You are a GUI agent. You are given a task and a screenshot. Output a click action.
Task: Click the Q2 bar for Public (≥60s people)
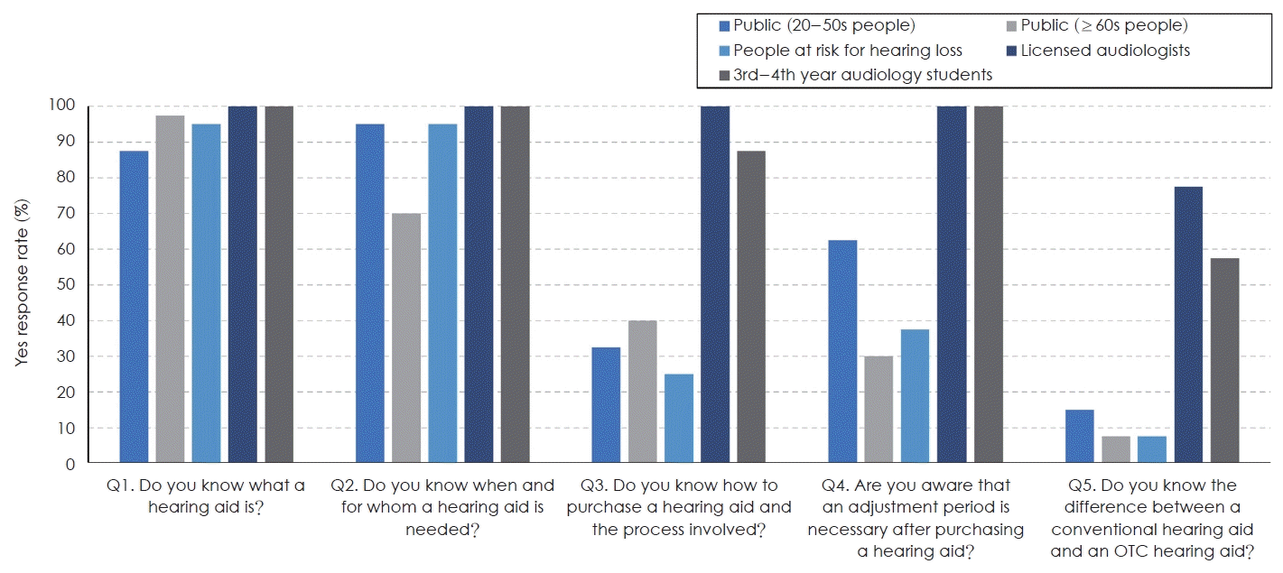406,338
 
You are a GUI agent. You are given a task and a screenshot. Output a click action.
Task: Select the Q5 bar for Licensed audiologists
1188,325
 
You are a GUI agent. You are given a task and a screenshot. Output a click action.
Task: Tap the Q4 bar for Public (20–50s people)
842,352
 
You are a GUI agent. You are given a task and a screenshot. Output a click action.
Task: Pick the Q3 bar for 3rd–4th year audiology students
751,307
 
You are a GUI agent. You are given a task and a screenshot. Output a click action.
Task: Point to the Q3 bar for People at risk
679,419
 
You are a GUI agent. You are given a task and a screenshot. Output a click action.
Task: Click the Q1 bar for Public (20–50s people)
134,307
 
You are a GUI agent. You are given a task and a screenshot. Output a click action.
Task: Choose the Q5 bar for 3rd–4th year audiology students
1224,361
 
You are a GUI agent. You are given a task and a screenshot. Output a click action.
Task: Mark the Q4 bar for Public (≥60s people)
879,410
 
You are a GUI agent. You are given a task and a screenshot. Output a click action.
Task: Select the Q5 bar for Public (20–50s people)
1079,437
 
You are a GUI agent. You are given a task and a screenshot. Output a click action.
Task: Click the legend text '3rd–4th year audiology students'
862,75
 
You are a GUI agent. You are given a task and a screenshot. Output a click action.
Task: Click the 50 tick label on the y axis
67,285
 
